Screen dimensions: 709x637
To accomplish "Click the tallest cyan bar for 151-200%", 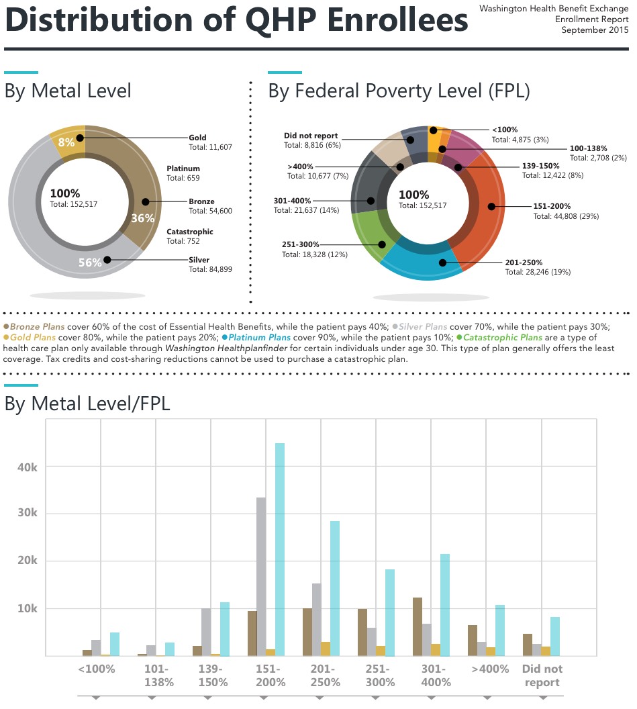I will click(x=280, y=549).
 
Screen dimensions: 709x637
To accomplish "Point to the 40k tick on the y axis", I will click(x=28, y=467).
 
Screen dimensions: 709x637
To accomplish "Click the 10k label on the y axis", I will click(x=28, y=608).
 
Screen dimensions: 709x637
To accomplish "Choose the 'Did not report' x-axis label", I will click(x=542, y=675).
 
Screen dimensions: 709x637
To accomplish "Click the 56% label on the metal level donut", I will click(x=89, y=263).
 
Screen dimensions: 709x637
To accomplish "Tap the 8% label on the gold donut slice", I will click(x=66, y=142).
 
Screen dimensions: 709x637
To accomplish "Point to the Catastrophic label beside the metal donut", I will click(x=190, y=232).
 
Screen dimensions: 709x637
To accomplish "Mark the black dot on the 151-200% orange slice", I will click(x=491, y=207).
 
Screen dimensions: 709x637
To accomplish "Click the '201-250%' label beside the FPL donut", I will click(x=524, y=263).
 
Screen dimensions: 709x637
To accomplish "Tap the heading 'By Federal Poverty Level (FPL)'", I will click(x=399, y=91).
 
